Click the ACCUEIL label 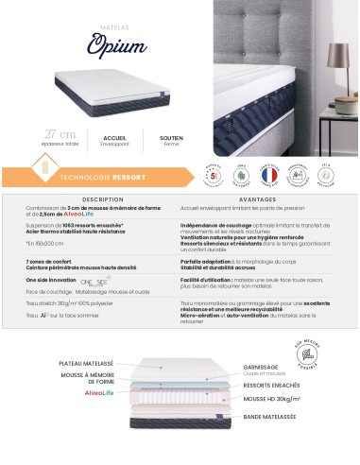(x=115, y=138)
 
